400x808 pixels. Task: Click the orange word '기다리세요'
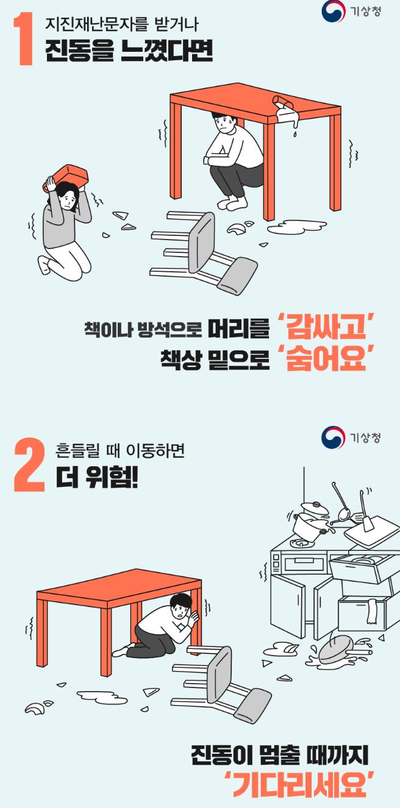coord(299,785)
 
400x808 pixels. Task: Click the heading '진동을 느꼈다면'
coord(129,52)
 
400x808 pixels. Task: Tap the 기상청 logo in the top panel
coord(351,12)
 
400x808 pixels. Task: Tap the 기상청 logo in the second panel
coord(351,437)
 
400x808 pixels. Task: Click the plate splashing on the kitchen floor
coord(337,650)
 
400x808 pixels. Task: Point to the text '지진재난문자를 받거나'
coord(122,25)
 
